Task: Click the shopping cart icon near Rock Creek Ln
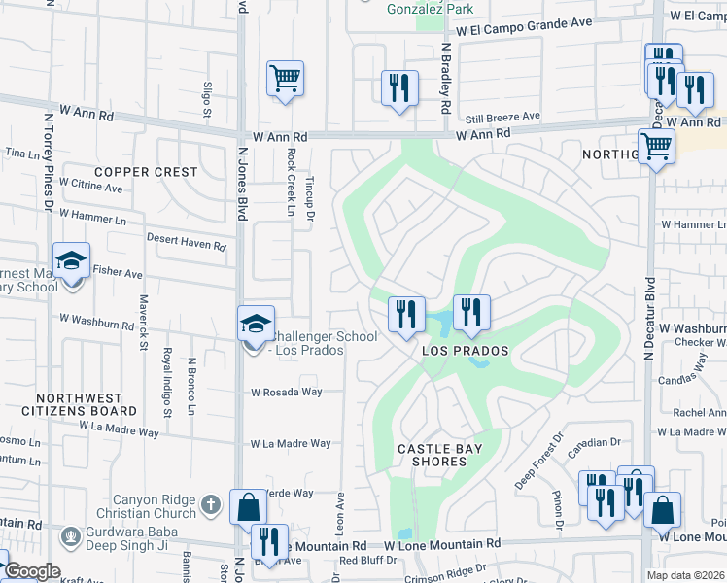tap(285, 78)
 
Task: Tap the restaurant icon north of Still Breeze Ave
tap(399, 87)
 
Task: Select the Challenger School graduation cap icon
tap(255, 323)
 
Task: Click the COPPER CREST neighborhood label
tap(146, 172)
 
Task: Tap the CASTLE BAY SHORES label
tap(445, 455)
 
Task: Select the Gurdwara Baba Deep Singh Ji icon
tap(69, 535)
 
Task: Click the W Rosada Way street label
tap(286, 393)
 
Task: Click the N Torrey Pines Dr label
tap(47, 160)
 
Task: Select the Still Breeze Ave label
tap(502, 117)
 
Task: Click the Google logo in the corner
tap(33, 571)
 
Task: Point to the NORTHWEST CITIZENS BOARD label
tap(80, 405)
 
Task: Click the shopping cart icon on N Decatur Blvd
tap(657, 147)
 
